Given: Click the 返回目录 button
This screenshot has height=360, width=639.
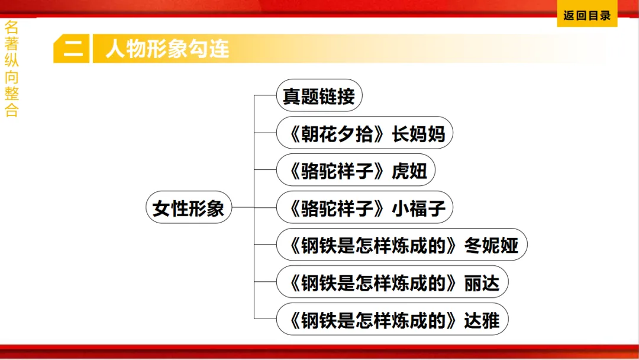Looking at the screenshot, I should pyautogui.click(x=587, y=16).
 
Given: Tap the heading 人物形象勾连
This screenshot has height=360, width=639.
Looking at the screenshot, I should pyautogui.click(x=167, y=49).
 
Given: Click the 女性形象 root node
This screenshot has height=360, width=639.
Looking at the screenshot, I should pyautogui.click(x=188, y=208).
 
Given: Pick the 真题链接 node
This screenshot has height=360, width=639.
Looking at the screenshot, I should pyautogui.click(x=318, y=97).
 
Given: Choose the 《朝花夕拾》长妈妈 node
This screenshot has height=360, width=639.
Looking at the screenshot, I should pyautogui.click(x=364, y=134).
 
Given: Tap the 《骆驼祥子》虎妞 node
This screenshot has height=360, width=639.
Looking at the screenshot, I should pyautogui.click(x=355, y=171).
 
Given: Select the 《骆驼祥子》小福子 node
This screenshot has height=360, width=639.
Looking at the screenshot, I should pyautogui.click(x=364, y=208).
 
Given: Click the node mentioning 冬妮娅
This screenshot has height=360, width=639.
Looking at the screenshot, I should pyautogui.click(x=401, y=245).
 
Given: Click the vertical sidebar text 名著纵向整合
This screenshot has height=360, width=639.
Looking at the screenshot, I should pyautogui.click(x=11, y=69).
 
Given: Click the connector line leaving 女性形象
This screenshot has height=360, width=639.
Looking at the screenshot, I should pyautogui.click(x=243, y=208).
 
